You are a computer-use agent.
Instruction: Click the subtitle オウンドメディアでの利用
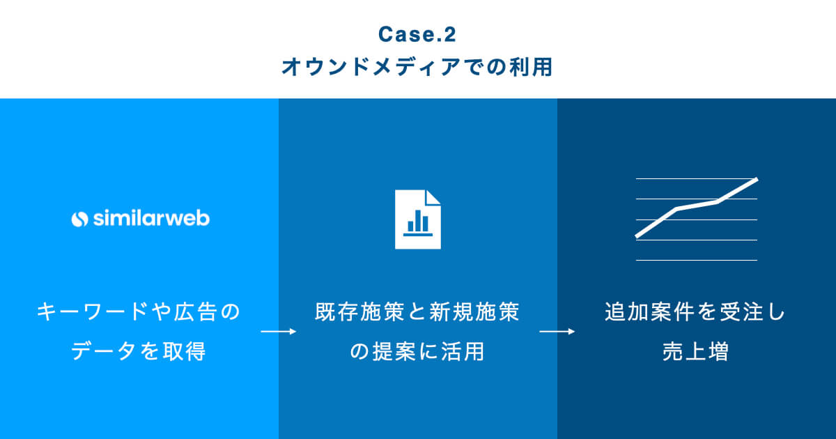(x=417, y=68)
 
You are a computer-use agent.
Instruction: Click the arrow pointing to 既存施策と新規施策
(x=278, y=332)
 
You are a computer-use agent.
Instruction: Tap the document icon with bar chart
(x=417, y=219)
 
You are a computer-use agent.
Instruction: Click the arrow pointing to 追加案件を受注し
(x=557, y=332)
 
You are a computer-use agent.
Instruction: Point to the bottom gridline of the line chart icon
(x=696, y=260)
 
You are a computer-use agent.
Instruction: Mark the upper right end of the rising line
(x=755, y=180)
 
